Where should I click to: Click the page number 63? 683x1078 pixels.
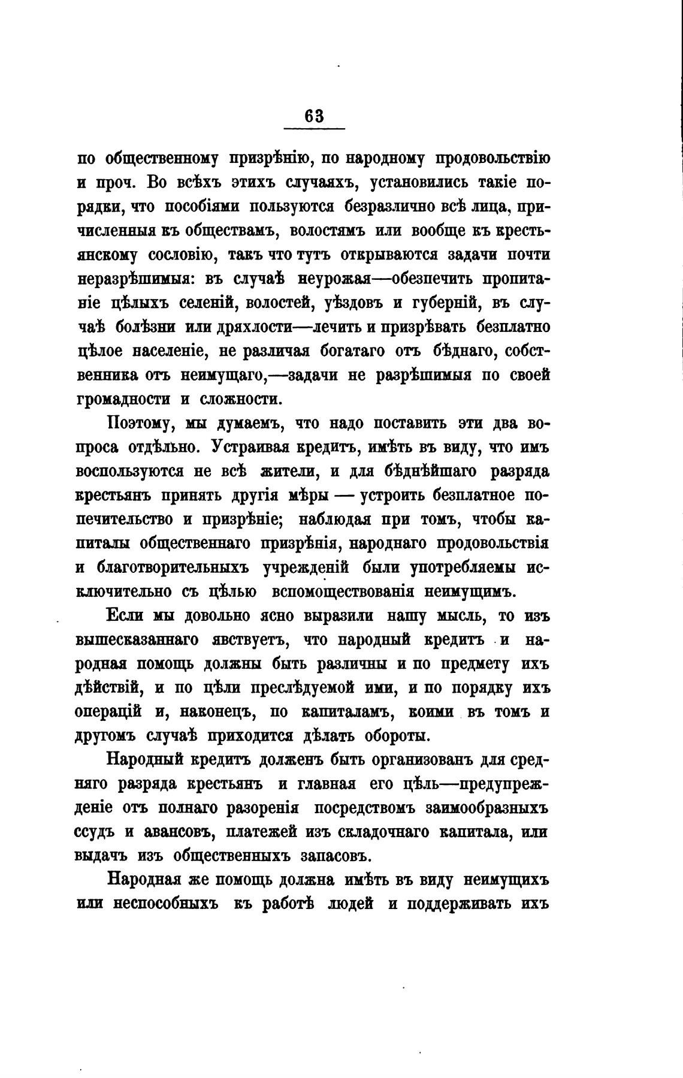pyautogui.click(x=314, y=116)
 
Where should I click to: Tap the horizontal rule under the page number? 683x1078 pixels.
pyautogui.click(x=314, y=128)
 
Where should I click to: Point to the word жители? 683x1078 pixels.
pyautogui.click(x=288, y=472)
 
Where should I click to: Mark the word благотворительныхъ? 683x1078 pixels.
pyautogui.click(x=174, y=567)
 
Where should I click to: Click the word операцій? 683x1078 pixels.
pyautogui.click(x=108, y=712)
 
